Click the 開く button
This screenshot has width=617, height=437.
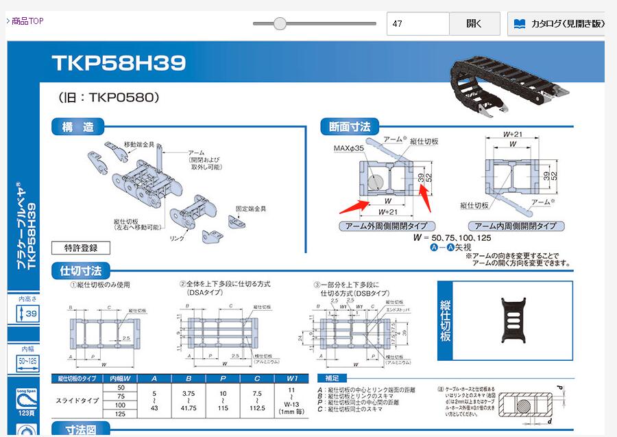[x=474, y=23]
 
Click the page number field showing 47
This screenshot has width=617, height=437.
[x=418, y=23]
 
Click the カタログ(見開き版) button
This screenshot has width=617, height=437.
[x=559, y=23]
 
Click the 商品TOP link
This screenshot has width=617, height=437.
[x=25, y=21]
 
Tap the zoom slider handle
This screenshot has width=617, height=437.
[x=280, y=23]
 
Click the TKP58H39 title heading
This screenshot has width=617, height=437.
[x=119, y=64]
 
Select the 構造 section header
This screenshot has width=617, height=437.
[x=78, y=127]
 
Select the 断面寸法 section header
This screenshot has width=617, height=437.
[x=349, y=127]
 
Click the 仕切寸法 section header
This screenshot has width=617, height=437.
[x=81, y=271]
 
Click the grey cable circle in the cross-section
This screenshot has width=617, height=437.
[x=374, y=182]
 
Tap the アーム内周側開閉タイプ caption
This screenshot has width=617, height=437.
[x=520, y=226]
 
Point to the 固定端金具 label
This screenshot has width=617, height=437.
[x=251, y=208]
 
